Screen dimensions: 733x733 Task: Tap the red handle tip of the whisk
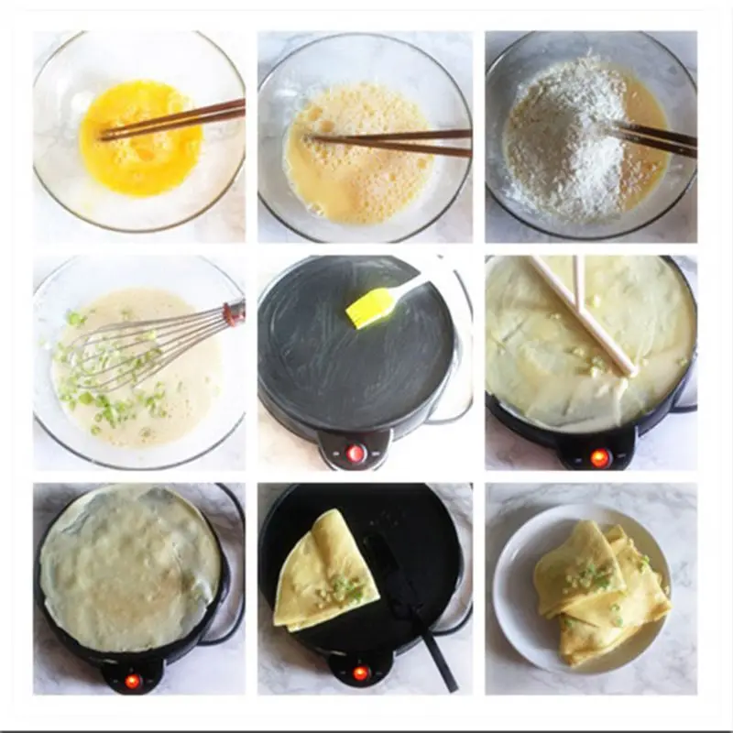[x=235, y=312]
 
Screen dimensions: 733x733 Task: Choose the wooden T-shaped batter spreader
[x=586, y=312]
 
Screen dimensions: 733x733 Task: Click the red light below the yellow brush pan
[x=356, y=454]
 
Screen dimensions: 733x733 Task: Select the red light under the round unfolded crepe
[x=133, y=681]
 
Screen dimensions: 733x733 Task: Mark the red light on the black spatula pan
[x=360, y=673]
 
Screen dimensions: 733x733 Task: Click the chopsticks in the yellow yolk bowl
[x=174, y=120]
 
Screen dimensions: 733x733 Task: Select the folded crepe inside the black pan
[x=325, y=573]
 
